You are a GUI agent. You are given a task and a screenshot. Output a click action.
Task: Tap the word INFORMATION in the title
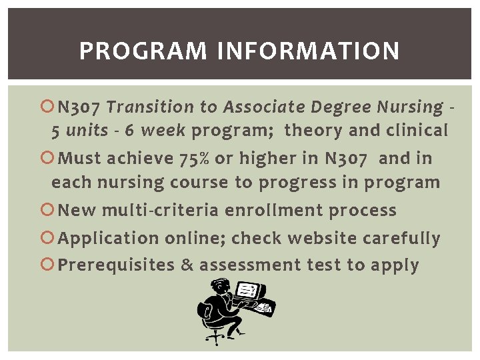point(308,51)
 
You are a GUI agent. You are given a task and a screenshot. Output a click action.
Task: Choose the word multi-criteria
point(160,211)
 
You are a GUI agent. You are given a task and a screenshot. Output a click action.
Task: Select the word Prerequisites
point(116,265)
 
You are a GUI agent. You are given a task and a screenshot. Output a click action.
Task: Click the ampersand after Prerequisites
point(187,265)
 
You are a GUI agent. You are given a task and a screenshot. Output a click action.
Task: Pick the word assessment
point(250,265)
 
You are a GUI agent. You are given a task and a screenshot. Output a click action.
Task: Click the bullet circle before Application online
point(47,238)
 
